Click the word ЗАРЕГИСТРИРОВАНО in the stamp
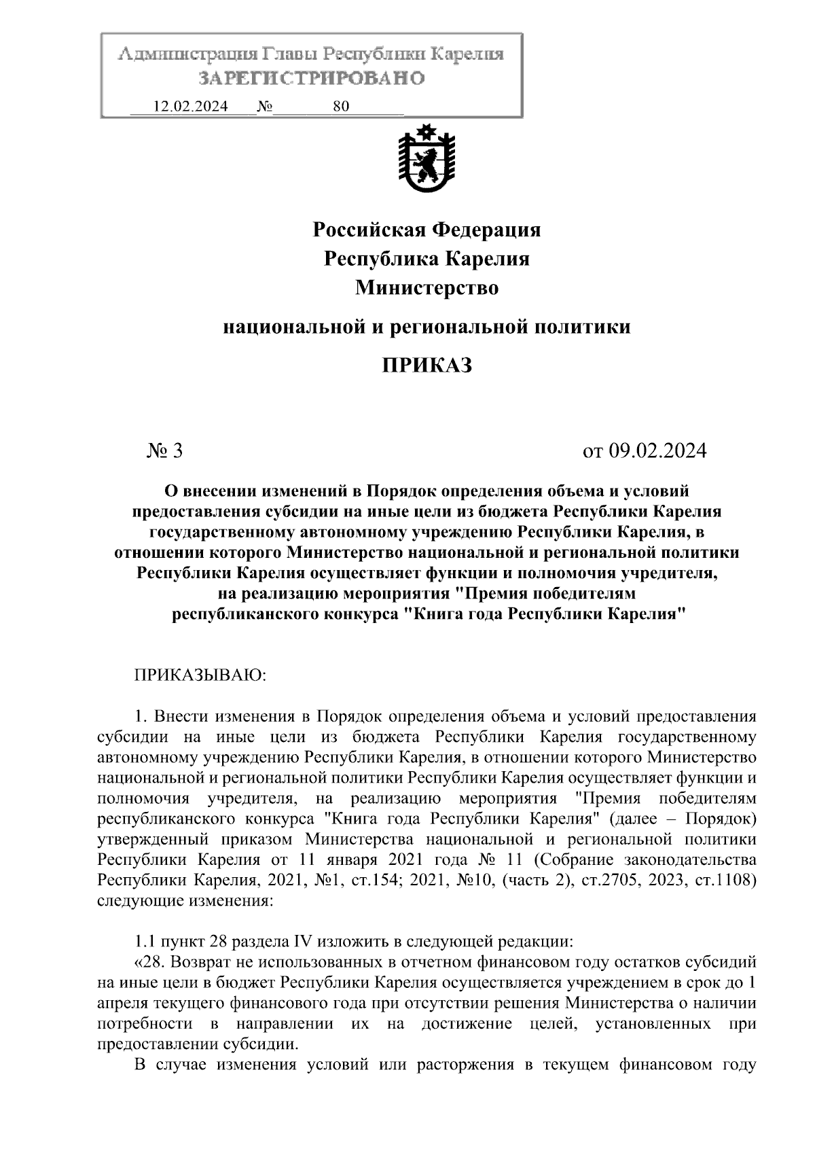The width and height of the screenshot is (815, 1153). click(311, 79)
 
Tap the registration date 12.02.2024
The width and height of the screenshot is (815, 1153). click(191, 106)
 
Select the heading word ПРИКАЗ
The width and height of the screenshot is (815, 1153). click(427, 366)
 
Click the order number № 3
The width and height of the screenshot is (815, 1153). click(165, 451)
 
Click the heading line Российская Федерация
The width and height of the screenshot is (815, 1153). click(427, 230)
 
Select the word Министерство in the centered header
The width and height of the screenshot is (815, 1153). click(427, 288)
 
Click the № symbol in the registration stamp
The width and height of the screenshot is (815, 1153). click(265, 106)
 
